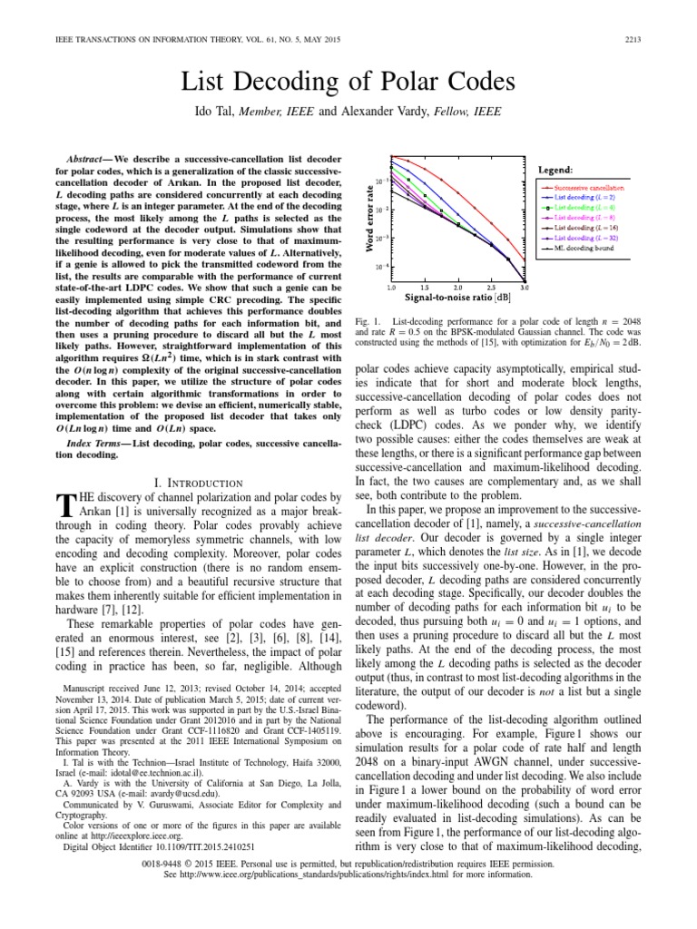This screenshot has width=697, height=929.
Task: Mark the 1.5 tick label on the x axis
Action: click(425, 287)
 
